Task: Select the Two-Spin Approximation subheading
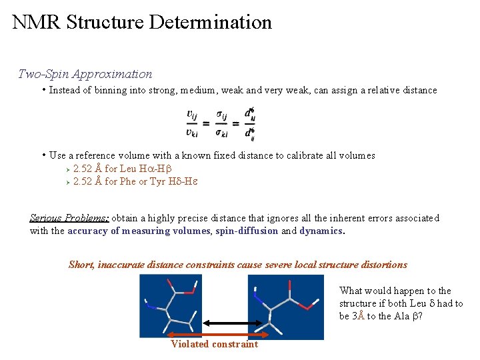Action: click(85, 74)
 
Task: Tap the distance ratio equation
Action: click(221, 124)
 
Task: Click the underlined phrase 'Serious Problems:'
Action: click(69, 218)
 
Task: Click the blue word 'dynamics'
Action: click(320, 231)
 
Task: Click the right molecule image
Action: click(285, 307)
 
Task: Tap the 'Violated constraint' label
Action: click(215, 344)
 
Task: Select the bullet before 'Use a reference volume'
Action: click(43, 155)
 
